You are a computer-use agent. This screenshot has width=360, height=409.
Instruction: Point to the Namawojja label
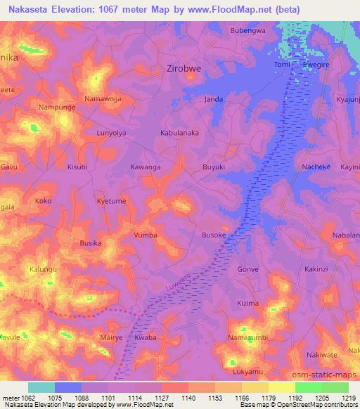click(x=103, y=99)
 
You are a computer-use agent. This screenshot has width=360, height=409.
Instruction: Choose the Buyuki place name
click(x=214, y=167)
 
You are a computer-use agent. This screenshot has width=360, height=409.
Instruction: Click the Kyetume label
click(x=111, y=201)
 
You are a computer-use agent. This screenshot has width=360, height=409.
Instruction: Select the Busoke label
click(x=214, y=235)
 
